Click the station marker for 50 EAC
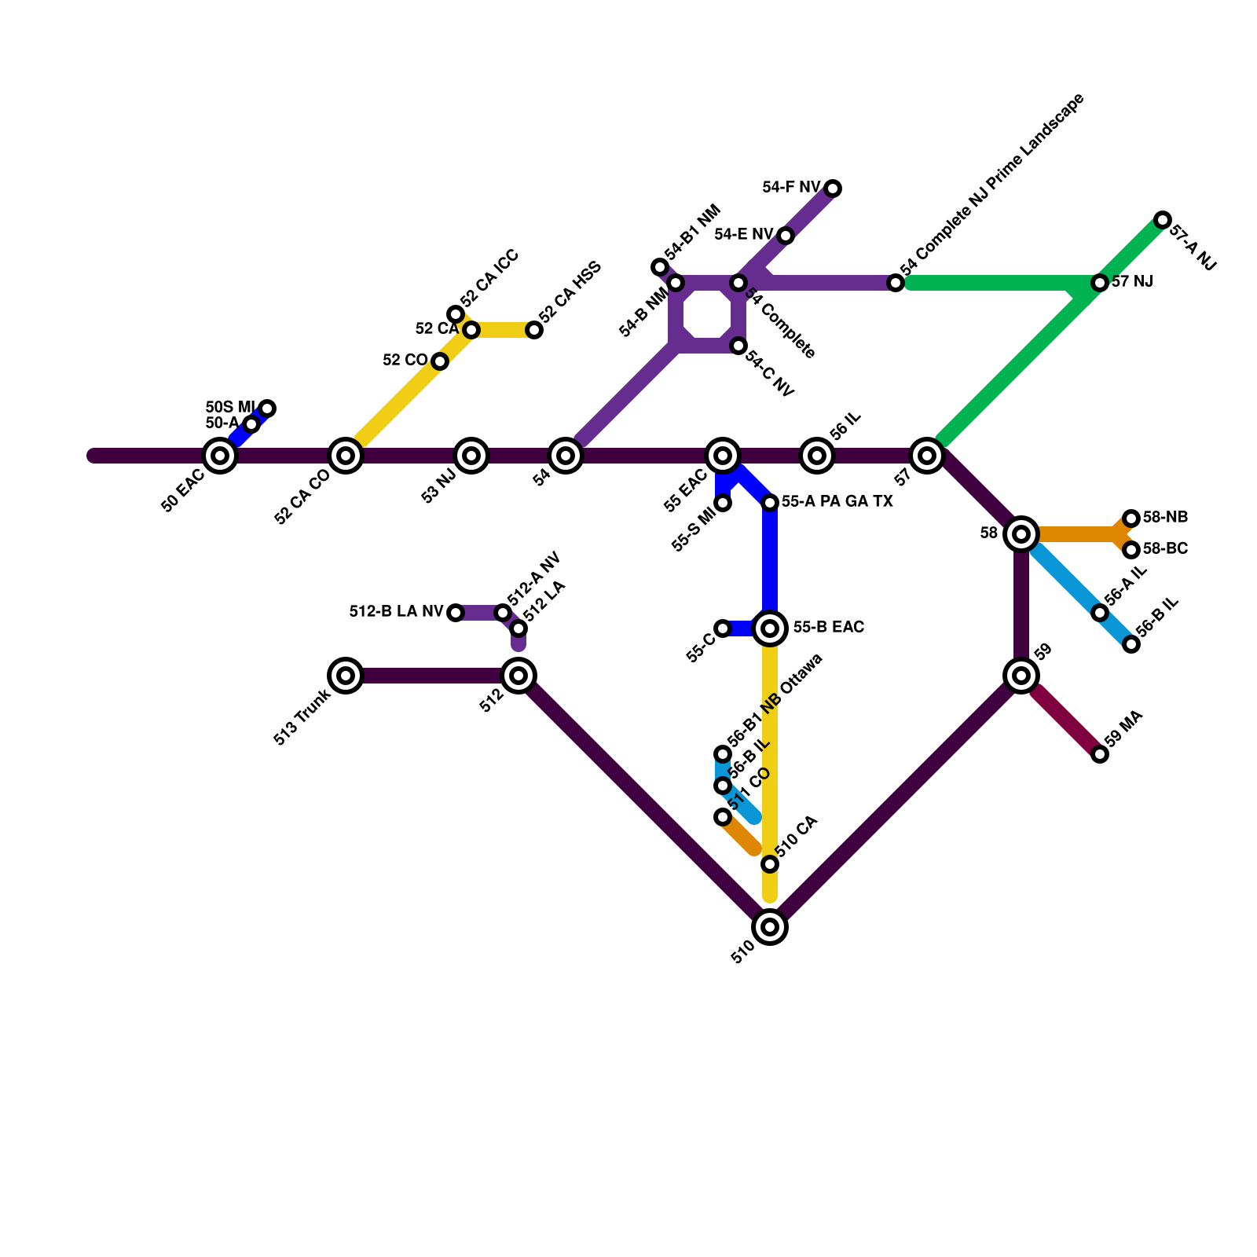click(220, 456)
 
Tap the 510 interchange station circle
click(770, 927)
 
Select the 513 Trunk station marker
click(346, 676)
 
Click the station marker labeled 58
click(1021, 534)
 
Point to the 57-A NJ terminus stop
click(1163, 220)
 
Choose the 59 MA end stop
click(1100, 754)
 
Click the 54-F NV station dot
click(833, 189)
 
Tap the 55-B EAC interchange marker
click(770, 628)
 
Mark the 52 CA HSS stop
click(534, 330)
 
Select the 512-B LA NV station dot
click(456, 613)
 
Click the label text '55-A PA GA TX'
click(837, 502)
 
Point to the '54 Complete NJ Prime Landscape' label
click(992, 185)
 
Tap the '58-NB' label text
click(1165, 518)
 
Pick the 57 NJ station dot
click(1100, 283)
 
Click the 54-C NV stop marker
click(738, 346)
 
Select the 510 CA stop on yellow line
click(770, 864)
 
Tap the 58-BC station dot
click(1131, 550)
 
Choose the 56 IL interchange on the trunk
click(817, 456)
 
